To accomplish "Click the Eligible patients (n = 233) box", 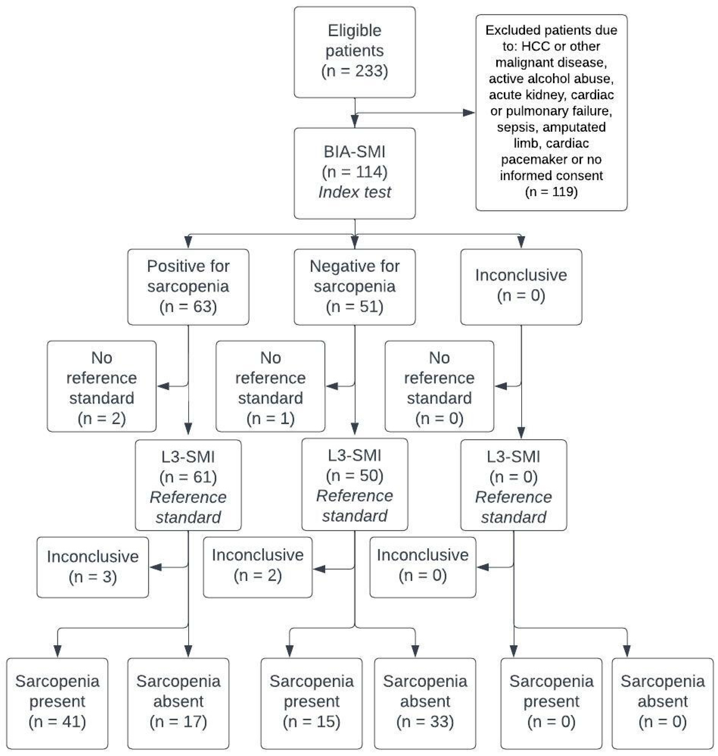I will click(354, 52).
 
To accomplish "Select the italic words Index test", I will click(354, 192).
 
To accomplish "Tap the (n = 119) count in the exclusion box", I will click(551, 191).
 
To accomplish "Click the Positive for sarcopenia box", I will click(188, 287).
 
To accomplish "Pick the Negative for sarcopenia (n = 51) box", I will click(354, 287).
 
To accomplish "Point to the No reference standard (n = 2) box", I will click(101, 386).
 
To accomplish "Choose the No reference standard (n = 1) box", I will click(270, 386).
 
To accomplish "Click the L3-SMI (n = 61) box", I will click(188, 485).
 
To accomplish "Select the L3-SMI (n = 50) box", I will click(354, 484).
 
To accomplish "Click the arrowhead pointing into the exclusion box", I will click(469, 113).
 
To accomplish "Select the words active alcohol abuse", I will click(551, 79).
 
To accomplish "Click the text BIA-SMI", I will click(354, 152).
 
